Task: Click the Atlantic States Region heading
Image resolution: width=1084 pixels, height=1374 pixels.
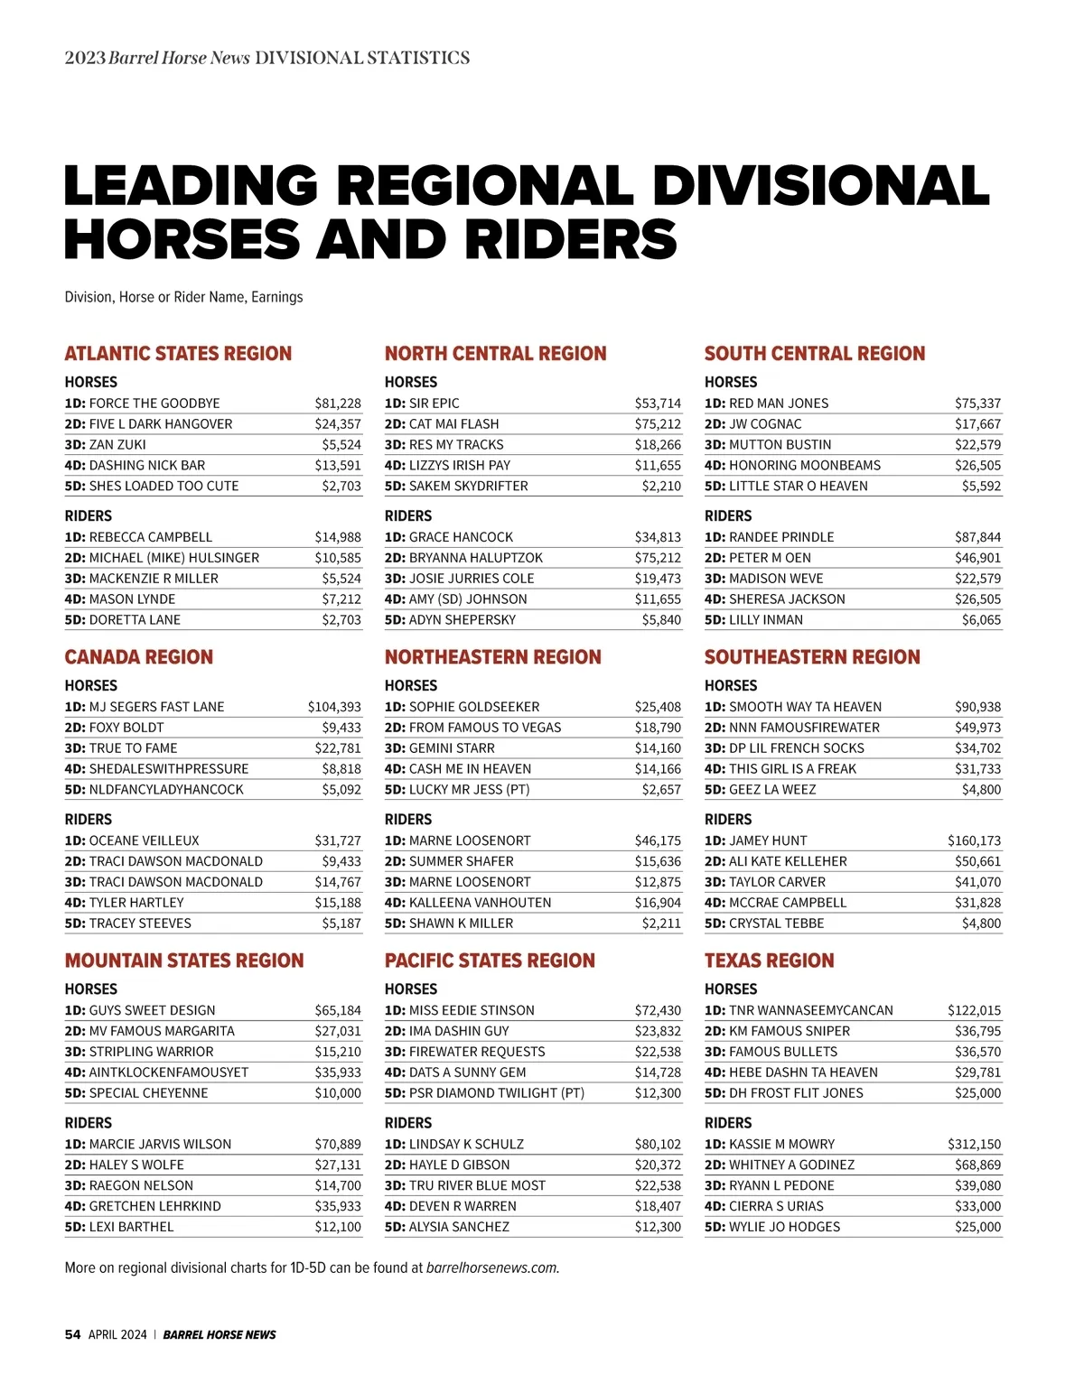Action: (x=178, y=353)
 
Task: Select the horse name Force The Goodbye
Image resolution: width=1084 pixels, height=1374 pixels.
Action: (x=154, y=404)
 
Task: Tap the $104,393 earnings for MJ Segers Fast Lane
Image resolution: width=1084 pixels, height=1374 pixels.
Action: (x=334, y=707)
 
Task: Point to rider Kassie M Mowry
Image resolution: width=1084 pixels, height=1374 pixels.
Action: (x=781, y=1144)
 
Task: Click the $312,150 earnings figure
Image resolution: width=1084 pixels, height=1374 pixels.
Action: (x=974, y=1144)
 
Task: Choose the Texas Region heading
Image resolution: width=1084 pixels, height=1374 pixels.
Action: (x=769, y=960)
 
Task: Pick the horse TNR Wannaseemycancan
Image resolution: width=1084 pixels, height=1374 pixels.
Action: (x=810, y=1010)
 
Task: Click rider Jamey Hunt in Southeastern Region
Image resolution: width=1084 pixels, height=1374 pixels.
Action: (x=768, y=840)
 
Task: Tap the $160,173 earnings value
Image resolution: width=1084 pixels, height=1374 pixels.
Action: (x=974, y=840)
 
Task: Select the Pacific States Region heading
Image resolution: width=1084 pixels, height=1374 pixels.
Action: (x=490, y=960)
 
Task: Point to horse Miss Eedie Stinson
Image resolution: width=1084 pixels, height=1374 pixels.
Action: (x=472, y=1010)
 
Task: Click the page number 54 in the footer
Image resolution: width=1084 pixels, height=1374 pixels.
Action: (x=72, y=1334)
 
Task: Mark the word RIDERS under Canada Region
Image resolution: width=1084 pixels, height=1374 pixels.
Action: (x=89, y=819)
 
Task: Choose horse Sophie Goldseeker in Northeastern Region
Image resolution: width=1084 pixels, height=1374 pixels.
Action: (x=474, y=707)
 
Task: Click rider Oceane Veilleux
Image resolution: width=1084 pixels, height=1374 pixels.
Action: (x=144, y=840)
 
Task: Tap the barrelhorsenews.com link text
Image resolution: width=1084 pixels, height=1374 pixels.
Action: (x=492, y=1267)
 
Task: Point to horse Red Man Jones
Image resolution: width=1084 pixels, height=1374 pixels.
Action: (x=778, y=404)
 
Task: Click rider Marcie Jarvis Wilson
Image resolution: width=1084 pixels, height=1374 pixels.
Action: (x=160, y=1144)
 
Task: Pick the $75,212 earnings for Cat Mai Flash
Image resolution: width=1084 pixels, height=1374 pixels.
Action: (x=658, y=424)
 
